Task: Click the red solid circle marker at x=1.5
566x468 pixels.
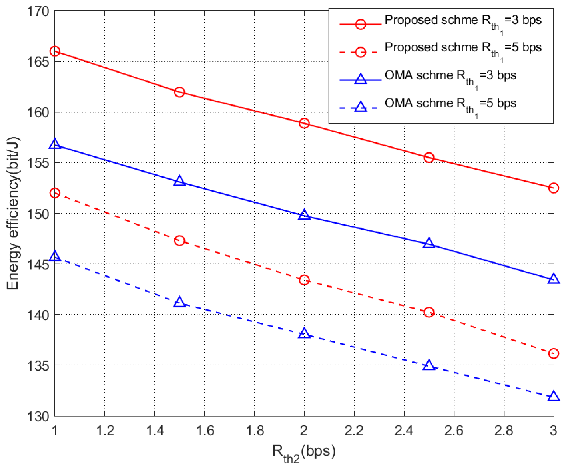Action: [179, 92]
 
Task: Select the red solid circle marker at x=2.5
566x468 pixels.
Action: [429, 158]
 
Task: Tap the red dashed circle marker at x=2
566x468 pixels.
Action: [304, 280]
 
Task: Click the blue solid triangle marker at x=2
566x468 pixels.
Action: [304, 215]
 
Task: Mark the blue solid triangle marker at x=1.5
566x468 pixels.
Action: [179, 181]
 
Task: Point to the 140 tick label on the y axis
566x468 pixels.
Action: [38, 315]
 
